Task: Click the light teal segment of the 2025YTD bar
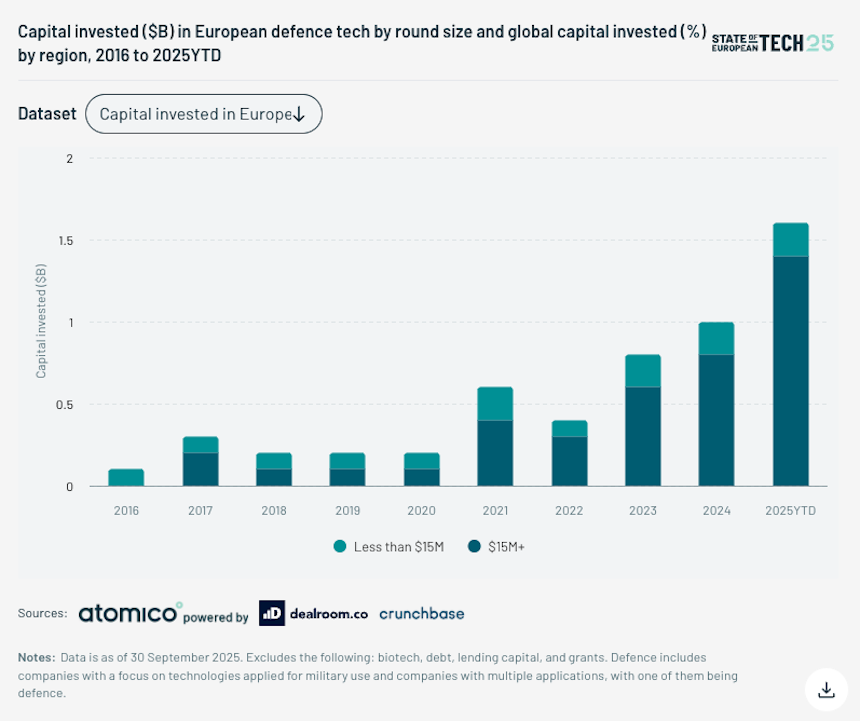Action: coord(790,240)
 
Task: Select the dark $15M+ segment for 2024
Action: coord(716,420)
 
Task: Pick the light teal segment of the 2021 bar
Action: coord(495,404)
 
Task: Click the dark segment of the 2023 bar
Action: coord(643,436)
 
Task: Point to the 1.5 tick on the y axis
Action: coord(66,240)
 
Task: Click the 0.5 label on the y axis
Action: coord(64,405)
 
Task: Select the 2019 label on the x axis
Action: coord(347,510)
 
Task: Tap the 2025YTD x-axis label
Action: coord(790,510)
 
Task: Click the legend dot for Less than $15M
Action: coord(340,546)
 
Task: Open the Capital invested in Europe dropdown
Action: coord(204,114)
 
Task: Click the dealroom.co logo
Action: coord(313,613)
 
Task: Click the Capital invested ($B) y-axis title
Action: coord(41,321)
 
